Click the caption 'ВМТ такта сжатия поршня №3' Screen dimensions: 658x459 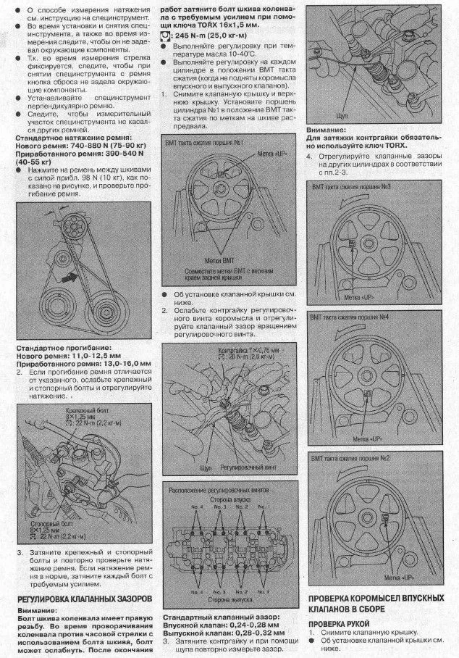[352, 187]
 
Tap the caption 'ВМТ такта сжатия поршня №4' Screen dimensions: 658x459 [352, 317]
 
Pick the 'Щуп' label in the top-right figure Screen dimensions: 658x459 [343, 115]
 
